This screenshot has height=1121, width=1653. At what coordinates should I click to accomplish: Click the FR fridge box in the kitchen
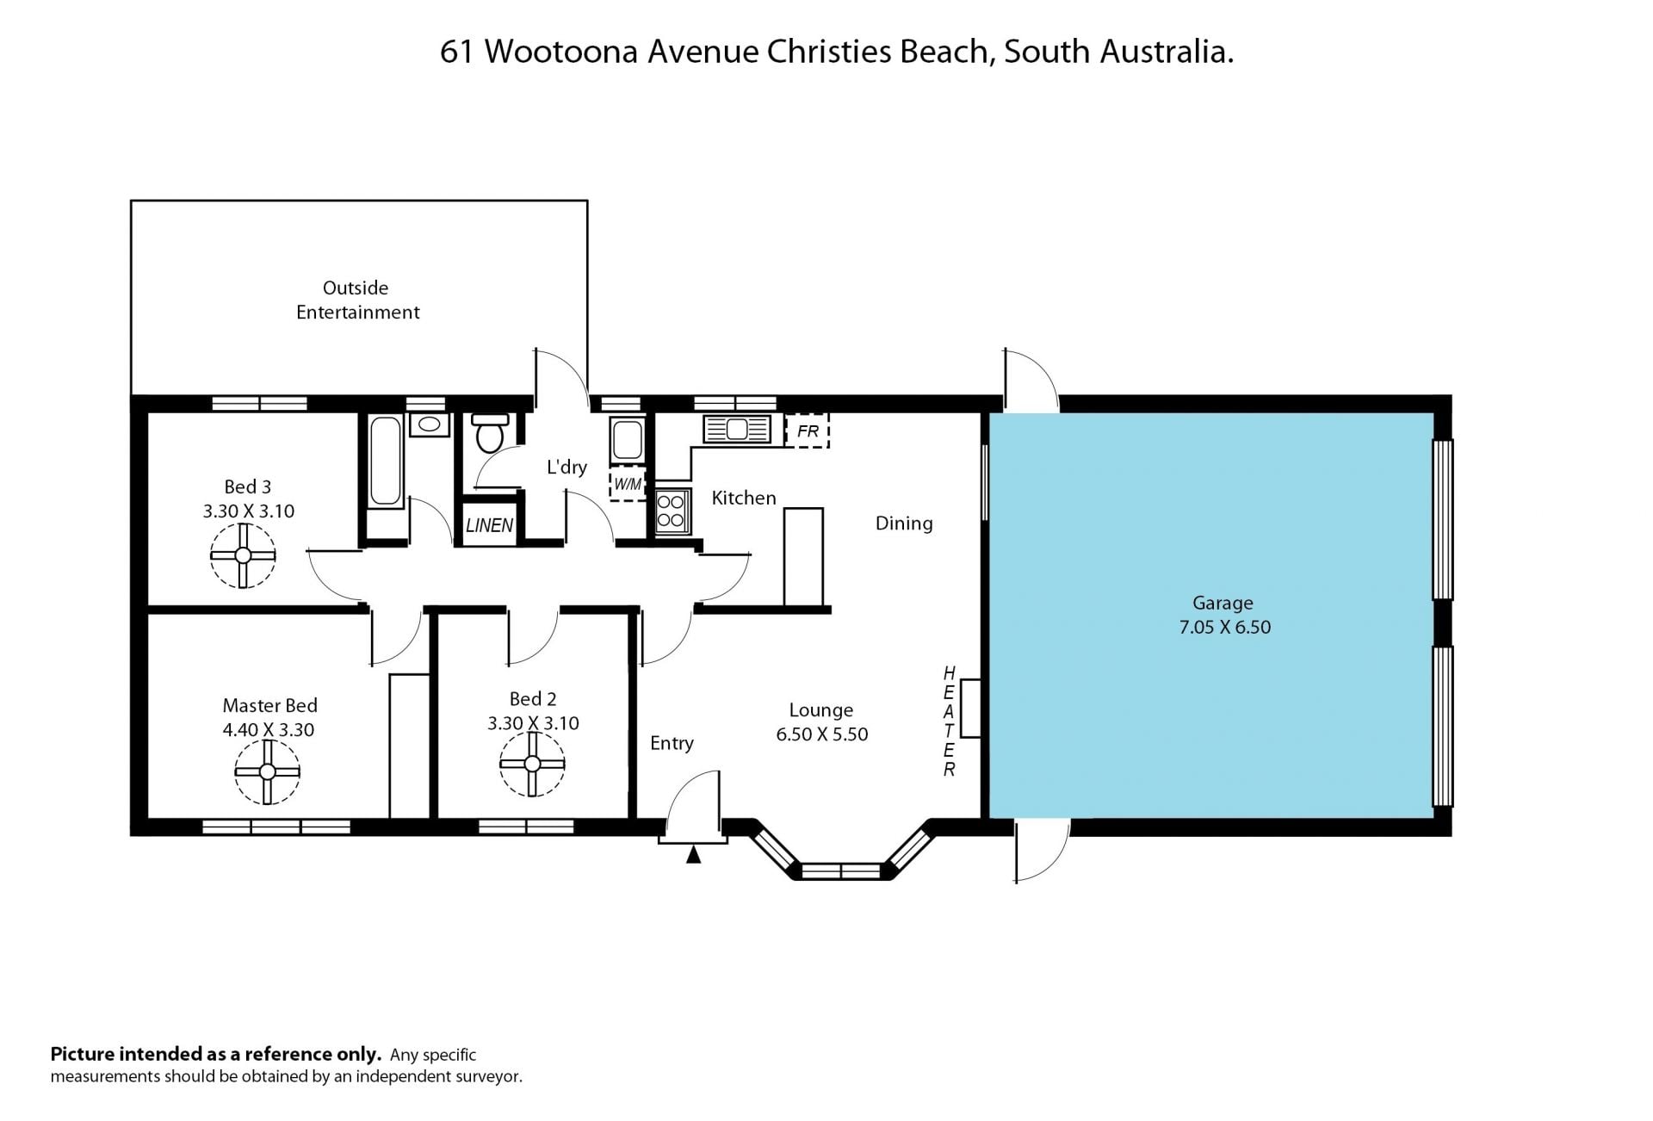(x=808, y=430)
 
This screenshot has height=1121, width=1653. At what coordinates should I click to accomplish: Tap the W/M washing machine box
(x=628, y=484)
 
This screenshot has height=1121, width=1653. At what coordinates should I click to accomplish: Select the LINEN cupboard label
(x=490, y=525)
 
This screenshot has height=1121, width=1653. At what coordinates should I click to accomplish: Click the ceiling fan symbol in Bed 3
(x=243, y=555)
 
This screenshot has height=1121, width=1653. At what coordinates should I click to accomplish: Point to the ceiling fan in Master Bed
(x=267, y=771)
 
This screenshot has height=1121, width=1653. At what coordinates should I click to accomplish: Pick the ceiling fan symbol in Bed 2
(x=532, y=764)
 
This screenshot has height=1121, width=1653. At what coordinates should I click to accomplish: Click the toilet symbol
(x=491, y=433)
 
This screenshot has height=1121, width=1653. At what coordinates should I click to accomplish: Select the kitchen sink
(x=736, y=428)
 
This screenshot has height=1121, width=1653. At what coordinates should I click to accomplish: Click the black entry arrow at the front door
(x=693, y=854)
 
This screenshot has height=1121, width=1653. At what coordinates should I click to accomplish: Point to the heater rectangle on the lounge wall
(x=970, y=709)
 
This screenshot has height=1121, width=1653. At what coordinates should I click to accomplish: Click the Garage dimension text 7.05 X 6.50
(x=1224, y=627)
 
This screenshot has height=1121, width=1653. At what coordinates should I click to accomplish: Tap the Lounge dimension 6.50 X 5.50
(x=821, y=734)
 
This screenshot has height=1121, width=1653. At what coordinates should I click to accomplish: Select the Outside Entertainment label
(x=357, y=300)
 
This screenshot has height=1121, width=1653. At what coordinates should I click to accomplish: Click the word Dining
(x=904, y=523)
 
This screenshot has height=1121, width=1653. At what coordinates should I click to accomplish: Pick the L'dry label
(x=566, y=467)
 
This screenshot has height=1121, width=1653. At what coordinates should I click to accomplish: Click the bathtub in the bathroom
(x=385, y=461)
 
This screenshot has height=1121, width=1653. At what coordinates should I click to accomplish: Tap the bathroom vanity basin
(x=429, y=425)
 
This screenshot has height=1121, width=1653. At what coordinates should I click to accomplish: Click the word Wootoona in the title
(x=560, y=52)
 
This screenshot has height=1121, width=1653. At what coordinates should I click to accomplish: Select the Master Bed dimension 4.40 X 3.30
(x=269, y=730)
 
